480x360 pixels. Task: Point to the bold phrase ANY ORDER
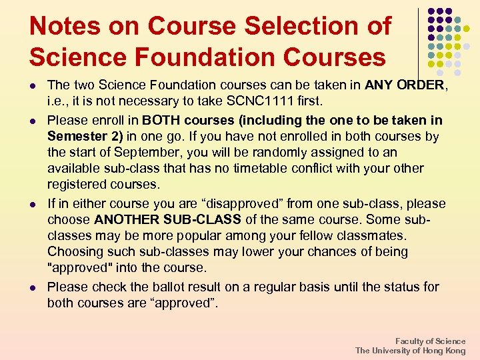click(x=404, y=85)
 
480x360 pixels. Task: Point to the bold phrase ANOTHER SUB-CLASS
click(x=167, y=219)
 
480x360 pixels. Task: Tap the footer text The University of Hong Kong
click(x=410, y=351)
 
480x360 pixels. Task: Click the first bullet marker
click(x=34, y=86)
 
